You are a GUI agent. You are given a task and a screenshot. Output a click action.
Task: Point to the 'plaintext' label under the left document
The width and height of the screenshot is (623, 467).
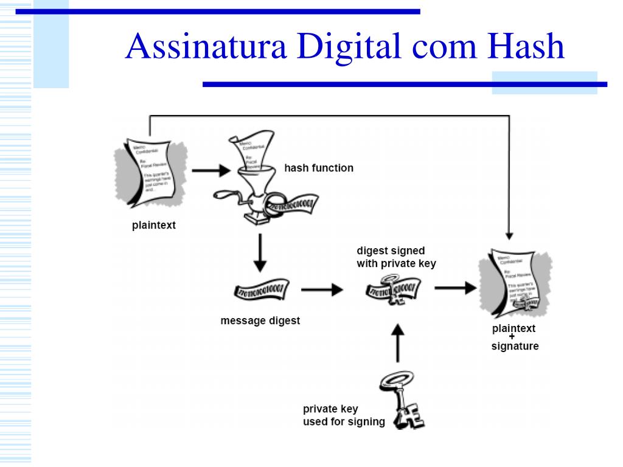pos(154,226)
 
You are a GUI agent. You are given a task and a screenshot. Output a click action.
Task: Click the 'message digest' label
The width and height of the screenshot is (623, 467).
pos(260,320)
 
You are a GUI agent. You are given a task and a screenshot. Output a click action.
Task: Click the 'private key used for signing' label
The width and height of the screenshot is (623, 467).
pos(344,415)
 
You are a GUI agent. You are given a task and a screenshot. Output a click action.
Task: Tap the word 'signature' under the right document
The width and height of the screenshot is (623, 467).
pos(515,347)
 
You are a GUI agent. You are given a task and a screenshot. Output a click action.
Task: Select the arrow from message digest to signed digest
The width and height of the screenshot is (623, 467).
pos(322,289)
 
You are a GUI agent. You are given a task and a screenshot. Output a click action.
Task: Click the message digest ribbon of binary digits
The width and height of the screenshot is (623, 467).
pos(260,290)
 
